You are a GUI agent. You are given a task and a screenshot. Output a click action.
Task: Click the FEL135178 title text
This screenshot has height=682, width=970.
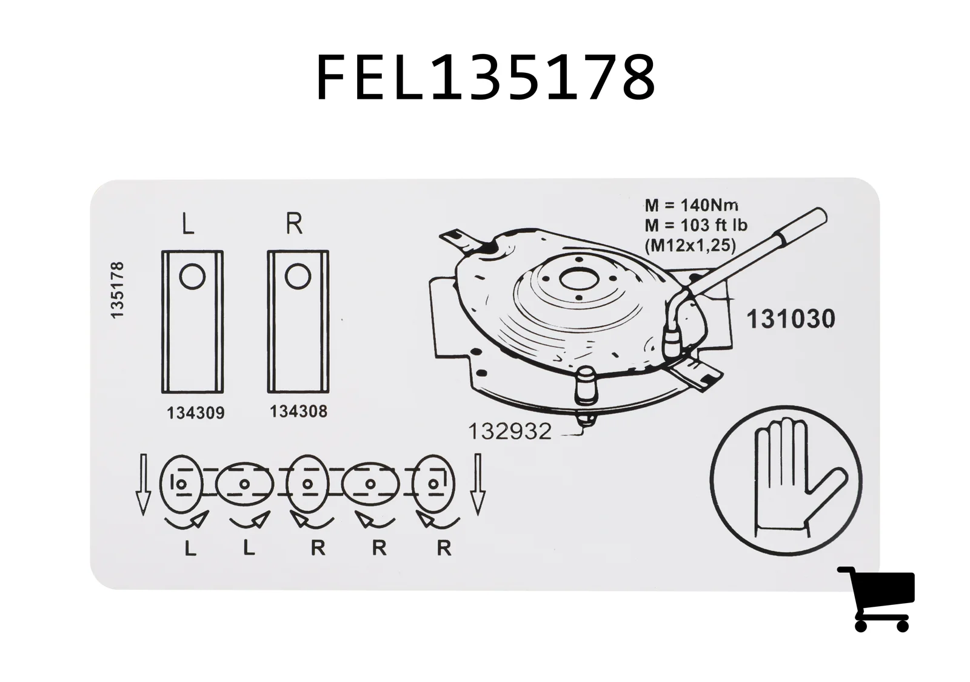pos(486,78)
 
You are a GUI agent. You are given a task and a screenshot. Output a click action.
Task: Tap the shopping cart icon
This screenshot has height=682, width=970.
pos(876,599)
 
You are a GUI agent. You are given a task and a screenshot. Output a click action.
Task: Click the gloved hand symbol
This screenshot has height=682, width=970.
pos(786,481)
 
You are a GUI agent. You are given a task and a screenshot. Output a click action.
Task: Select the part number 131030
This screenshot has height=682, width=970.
pos(791,319)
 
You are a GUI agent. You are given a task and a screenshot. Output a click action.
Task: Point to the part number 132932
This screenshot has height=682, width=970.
pos(510,431)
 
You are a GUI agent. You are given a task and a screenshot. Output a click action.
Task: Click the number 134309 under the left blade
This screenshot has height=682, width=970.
pos(196,413)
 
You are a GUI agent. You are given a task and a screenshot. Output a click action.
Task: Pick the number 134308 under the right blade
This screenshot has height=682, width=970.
pos(298,411)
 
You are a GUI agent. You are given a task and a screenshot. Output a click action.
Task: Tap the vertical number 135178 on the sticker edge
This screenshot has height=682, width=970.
pos(118,290)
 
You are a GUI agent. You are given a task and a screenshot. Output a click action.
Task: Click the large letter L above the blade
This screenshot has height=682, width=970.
pos(187,224)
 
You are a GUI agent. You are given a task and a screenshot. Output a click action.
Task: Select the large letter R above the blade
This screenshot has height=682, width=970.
pos(295,223)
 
